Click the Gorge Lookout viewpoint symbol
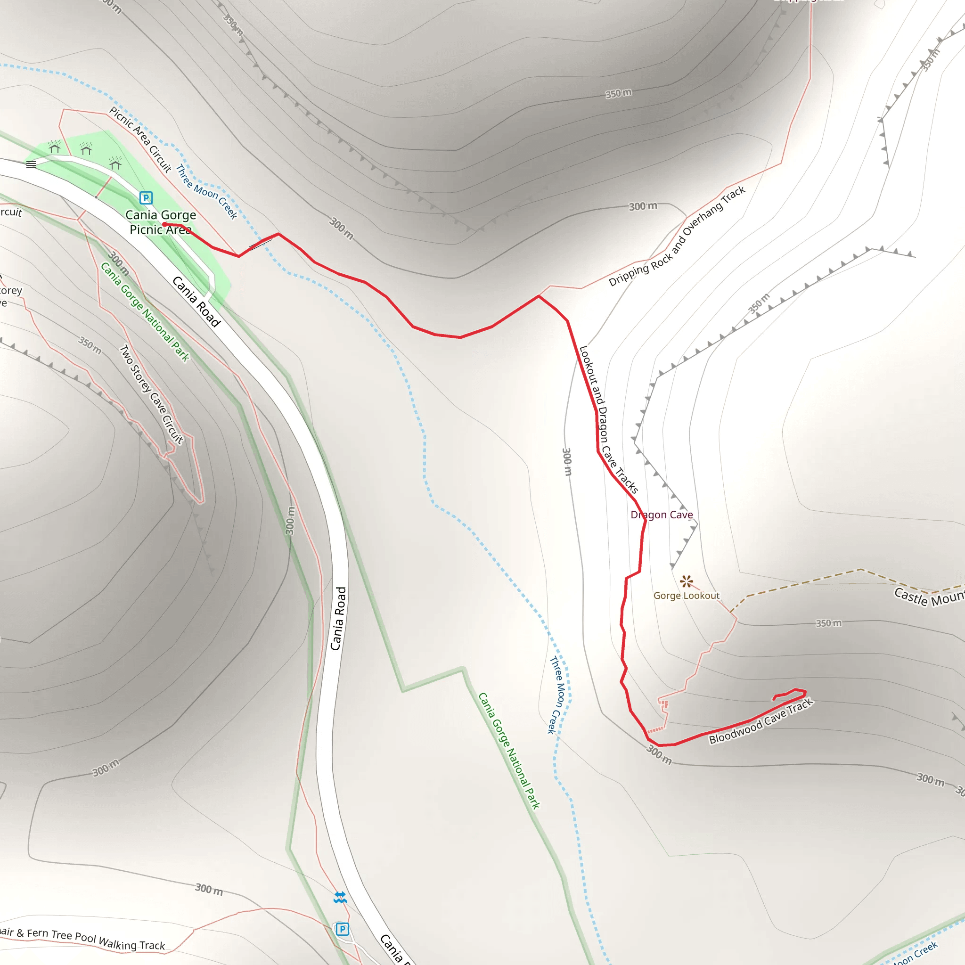686,581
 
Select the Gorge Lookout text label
686,596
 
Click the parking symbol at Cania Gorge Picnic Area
146,198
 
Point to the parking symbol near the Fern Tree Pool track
342,929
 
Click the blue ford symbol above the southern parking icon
340,898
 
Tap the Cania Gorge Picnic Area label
160,222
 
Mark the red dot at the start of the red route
164,224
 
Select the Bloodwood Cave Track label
761,721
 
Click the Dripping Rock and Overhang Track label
677,236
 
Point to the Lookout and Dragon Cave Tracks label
608,419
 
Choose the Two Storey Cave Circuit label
151,394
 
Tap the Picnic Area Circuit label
140,139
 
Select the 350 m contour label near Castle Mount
828,623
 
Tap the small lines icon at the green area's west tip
31,164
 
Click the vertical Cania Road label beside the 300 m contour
338,618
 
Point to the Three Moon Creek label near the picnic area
206,192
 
